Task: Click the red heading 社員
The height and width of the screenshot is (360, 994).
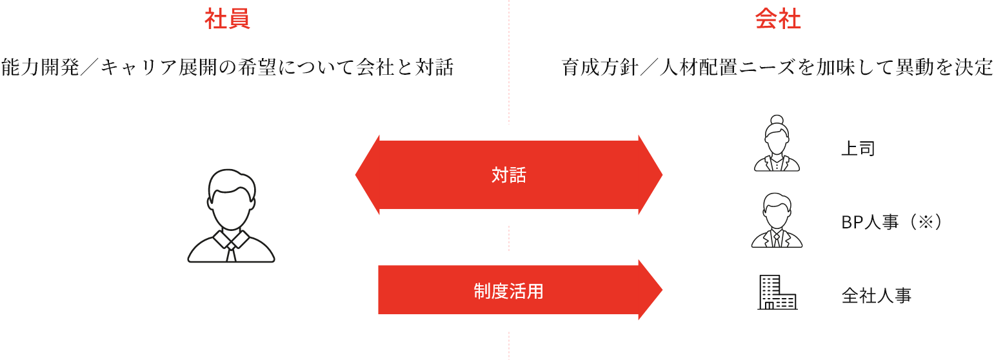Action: (x=227, y=19)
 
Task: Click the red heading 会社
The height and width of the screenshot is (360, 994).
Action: (x=778, y=19)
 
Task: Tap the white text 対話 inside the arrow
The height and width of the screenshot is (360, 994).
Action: (x=508, y=175)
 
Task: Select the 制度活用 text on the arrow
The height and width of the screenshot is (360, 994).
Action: (x=508, y=291)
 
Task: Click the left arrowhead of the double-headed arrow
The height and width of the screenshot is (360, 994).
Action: (x=368, y=175)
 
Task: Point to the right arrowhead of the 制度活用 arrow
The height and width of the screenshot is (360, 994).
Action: (x=651, y=290)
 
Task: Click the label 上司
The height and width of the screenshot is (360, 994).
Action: (x=858, y=148)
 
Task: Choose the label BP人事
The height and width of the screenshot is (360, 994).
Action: (x=870, y=222)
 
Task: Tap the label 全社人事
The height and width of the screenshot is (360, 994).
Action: (x=877, y=295)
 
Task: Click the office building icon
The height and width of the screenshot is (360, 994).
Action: (x=777, y=292)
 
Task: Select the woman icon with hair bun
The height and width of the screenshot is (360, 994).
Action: (x=777, y=143)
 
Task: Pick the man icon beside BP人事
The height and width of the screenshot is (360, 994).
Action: (x=777, y=220)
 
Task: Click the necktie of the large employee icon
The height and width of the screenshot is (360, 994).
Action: (x=231, y=251)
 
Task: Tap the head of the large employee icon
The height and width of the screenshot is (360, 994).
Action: (x=231, y=199)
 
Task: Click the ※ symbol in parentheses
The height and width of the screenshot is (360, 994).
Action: (x=926, y=222)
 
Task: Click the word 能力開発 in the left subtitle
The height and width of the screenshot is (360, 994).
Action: (x=40, y=68)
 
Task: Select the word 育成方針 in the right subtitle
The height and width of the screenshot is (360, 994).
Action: (x=601, y=68)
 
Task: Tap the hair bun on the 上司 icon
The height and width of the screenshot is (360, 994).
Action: (x=777, y=120)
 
